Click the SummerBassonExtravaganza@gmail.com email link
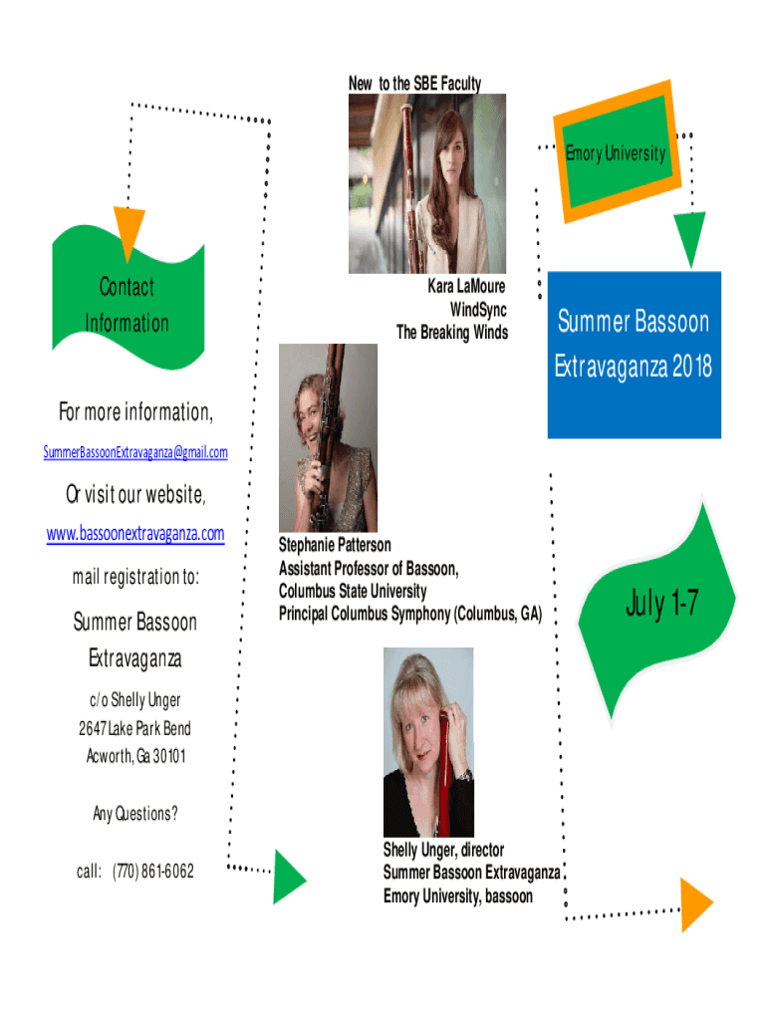(135, 452)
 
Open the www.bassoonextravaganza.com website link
(135, 534)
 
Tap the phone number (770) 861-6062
(152, 871)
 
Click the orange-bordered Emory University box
(617, 151)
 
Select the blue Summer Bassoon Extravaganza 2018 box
(635, 356)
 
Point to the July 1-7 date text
(661, 603)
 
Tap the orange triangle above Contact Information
(128, 230)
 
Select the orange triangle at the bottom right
(695, 904)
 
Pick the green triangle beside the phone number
(288, 877)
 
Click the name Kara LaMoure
(466, 286)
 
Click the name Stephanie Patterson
(335, 545)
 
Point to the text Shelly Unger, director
(443, 850)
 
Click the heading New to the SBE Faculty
(415, 84)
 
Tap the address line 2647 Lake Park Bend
(134, 728)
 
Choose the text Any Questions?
(135, 814)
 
